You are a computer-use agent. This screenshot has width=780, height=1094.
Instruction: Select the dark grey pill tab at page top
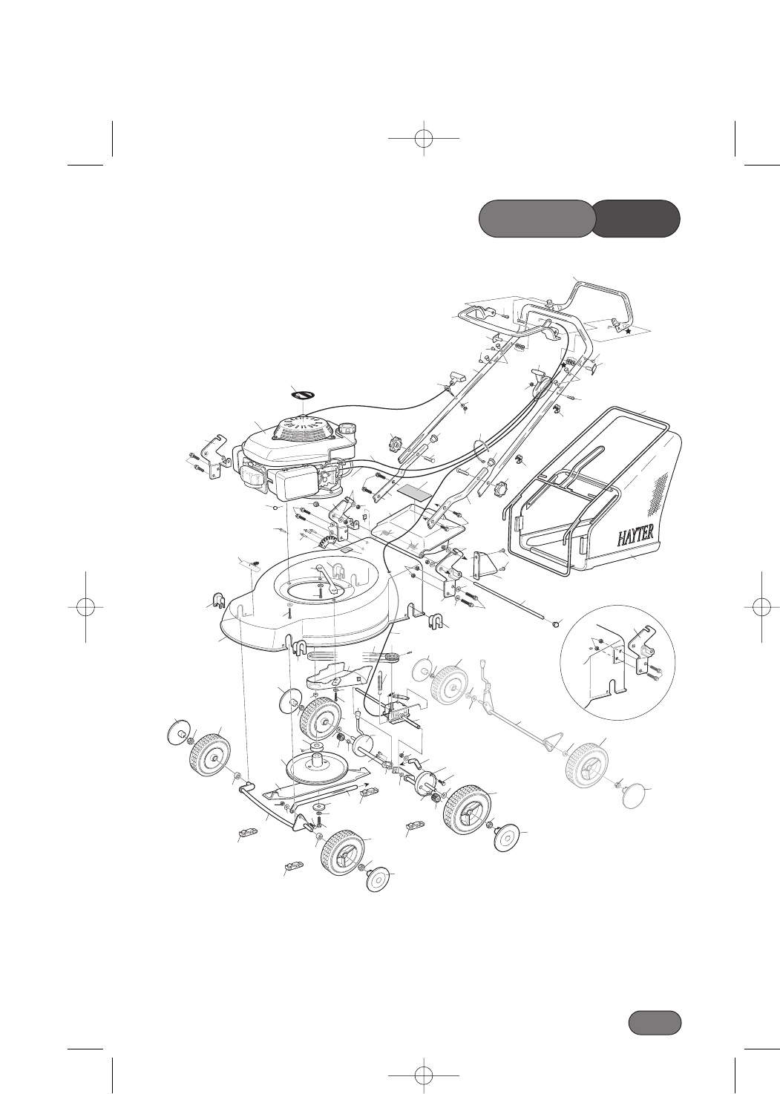tap(638, 218)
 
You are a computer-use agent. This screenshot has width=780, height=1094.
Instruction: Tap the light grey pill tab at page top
tap(536, 218)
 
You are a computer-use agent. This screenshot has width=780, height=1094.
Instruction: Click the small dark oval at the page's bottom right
tap(655, 1022)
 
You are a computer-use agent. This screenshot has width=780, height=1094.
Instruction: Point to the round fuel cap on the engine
tap(347, 430)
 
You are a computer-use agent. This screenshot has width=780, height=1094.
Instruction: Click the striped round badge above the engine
tap(304, 397)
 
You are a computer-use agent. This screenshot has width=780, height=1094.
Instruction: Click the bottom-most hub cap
tap(380, 880)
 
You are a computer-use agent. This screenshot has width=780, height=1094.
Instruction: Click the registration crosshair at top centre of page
tap(423, 139)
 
